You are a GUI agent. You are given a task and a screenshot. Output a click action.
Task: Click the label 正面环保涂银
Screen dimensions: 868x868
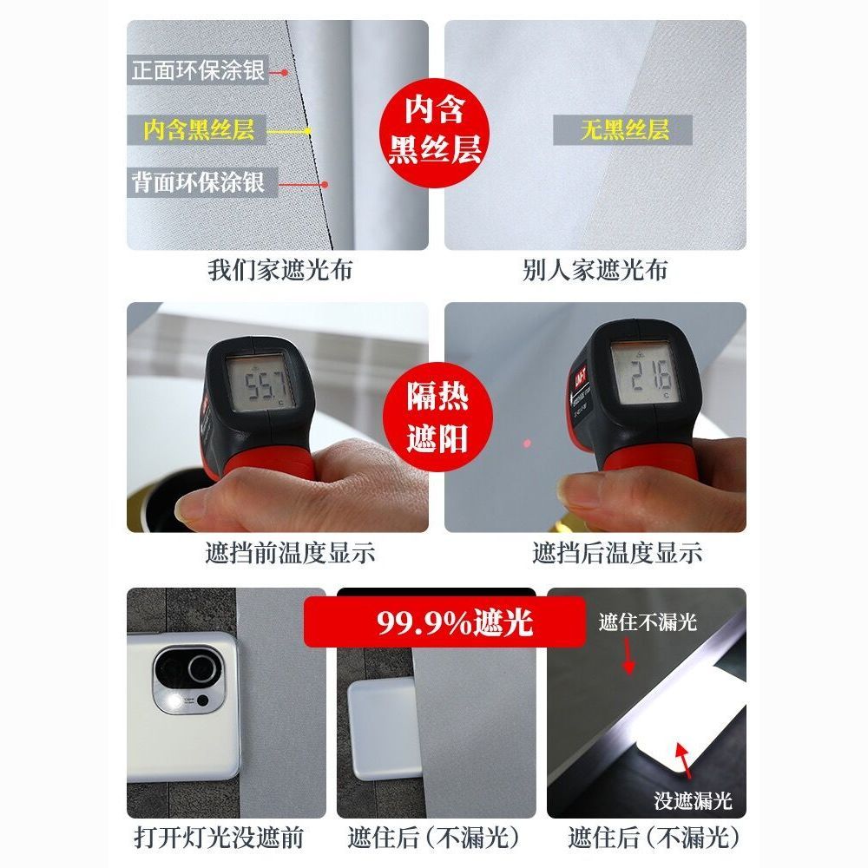[198, 70]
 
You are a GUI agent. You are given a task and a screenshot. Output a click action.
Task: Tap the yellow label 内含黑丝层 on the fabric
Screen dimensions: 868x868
[199, 130]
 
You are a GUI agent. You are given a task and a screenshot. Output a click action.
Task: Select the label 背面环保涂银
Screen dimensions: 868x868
[198, 182]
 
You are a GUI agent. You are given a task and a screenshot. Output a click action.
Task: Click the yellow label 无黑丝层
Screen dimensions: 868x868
[624, 130]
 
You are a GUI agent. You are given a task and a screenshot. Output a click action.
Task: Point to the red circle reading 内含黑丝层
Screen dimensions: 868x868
[435, 132]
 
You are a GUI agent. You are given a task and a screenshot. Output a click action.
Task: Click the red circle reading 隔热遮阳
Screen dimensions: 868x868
[437, 417]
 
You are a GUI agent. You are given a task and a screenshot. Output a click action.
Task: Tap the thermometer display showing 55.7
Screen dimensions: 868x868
[260, 383]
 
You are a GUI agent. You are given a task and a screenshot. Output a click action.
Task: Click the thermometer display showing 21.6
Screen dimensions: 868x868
[645, 372]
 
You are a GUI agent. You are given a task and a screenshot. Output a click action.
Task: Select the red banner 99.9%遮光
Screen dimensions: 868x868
[444, 622]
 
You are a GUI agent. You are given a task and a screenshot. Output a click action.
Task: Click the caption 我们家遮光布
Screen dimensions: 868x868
[280, 270]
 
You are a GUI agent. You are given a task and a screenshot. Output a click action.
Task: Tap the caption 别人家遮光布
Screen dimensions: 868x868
[595, 270]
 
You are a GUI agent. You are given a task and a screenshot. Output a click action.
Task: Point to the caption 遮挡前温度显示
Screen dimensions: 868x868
[290, 552]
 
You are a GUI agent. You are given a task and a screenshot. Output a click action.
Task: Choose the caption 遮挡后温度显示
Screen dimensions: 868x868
[617, 552]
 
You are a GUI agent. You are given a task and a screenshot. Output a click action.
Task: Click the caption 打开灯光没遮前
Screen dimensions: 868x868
[219, 838]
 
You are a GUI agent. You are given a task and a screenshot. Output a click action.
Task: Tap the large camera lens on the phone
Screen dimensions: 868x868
[204, 668]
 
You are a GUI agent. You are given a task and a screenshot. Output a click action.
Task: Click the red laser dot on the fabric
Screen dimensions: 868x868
[527, 444]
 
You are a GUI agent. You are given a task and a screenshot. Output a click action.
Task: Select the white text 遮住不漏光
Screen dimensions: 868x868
[648, 621]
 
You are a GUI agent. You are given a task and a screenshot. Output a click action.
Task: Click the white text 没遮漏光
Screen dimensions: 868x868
[693, 800]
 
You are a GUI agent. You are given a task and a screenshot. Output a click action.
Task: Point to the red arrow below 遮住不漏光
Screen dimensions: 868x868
[628, 656]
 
